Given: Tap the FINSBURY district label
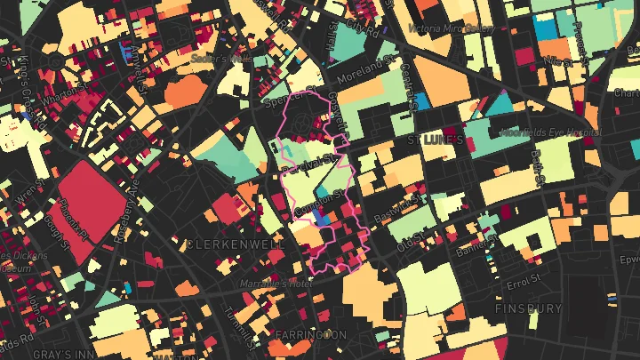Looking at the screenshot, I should [529, 308].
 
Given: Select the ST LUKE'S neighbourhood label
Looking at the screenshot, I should [436, 141].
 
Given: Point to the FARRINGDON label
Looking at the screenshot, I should [311, 334].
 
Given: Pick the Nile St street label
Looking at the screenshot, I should [558, 62].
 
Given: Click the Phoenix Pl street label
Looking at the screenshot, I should [76, 218].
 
